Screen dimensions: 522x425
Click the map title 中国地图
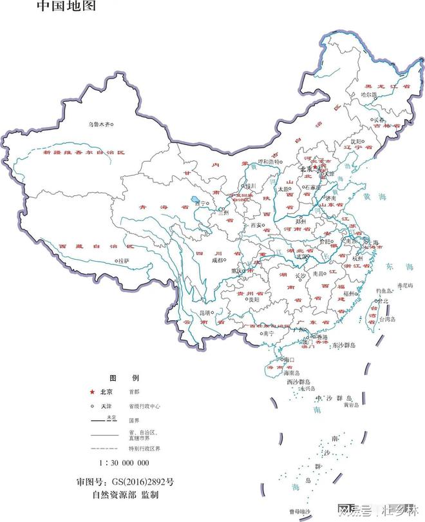coord(66,7)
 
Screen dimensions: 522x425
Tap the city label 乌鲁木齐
coord(100,124)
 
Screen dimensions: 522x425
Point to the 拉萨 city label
coord(123,260)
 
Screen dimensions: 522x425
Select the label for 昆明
coord(205,313)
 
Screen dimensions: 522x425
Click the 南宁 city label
coord(269,334)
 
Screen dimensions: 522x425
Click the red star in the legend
coord(92,392)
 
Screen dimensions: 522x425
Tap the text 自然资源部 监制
coord(125,496)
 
